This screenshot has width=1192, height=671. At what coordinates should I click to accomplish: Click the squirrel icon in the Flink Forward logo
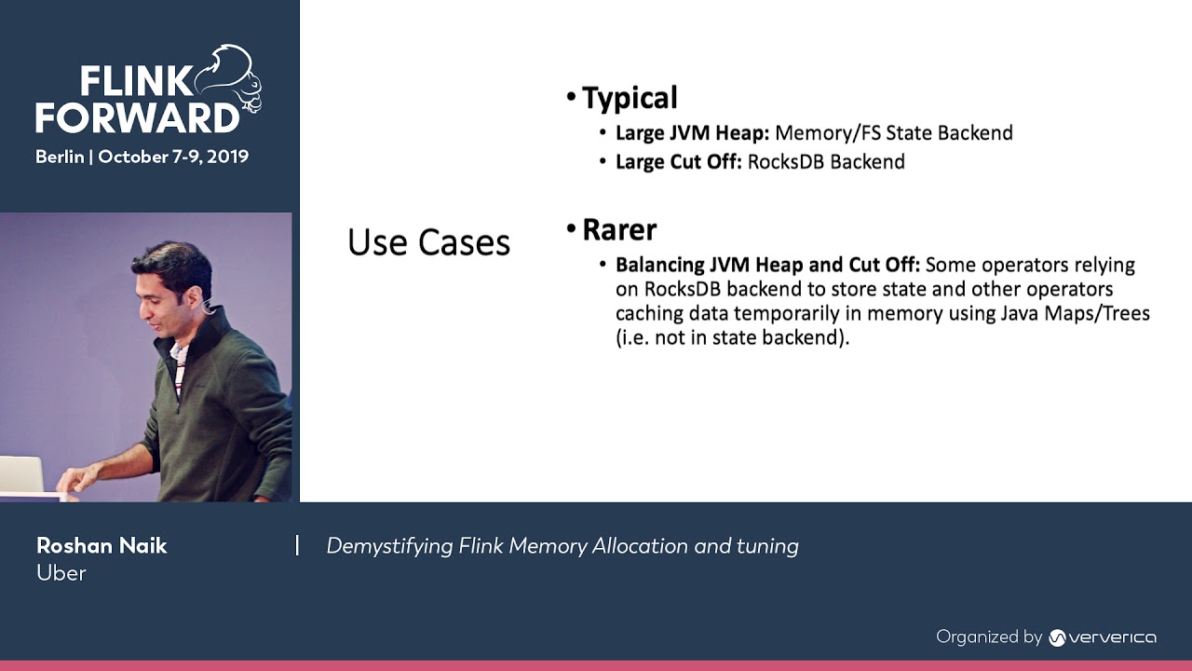click(228, 79)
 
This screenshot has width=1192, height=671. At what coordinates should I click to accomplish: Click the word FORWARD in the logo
click(138, 118)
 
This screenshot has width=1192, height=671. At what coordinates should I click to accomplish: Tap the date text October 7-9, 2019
click(173, 157)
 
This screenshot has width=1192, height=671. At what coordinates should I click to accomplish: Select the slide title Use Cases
click(428, 242)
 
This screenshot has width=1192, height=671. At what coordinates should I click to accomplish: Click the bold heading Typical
click(630, 98)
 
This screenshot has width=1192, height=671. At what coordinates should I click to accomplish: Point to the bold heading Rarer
click(619, 229)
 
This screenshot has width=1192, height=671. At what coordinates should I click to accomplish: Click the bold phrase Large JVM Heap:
click(692, 133)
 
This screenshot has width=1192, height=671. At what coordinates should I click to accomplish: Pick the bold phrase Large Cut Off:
click(678, 162)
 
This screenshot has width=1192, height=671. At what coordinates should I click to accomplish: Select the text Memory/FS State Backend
click(894, 133)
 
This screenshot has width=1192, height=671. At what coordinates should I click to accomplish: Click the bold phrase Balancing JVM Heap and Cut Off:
click(767, 265)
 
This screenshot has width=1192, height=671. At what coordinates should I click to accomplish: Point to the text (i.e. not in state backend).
click(733, 337)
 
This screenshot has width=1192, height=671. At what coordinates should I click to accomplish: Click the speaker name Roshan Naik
click(102, 546)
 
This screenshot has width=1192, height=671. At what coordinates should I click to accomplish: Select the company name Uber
click(61, 573)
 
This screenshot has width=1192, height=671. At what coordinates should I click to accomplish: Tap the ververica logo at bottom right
click(1103, 637)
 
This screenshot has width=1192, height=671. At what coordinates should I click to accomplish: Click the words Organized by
click(988, 637)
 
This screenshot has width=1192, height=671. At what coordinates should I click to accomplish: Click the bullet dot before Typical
click(571, 98)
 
